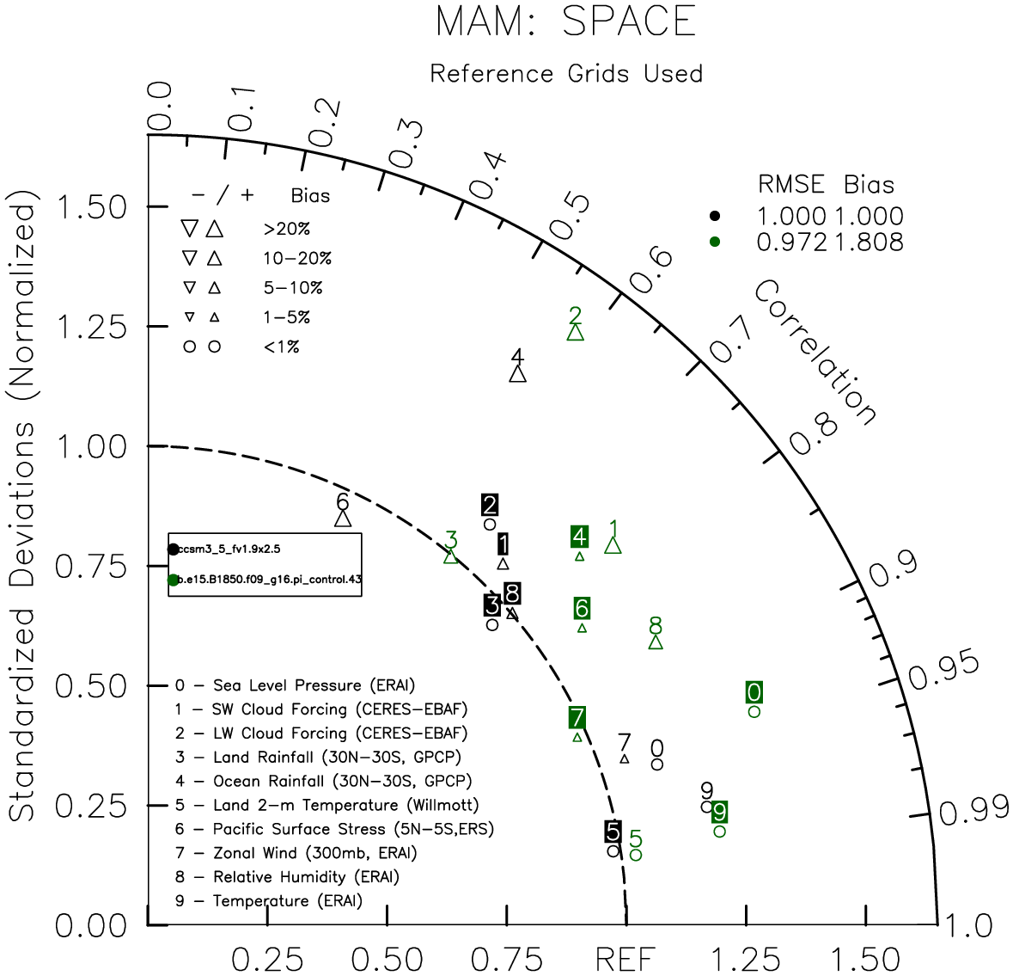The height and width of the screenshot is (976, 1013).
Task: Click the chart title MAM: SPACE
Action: tap(565, 21)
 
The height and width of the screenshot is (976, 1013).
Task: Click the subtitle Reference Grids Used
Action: tap(565, 74)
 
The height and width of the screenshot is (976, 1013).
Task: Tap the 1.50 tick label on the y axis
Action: tap(90, 207)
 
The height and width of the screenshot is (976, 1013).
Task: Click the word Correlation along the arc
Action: tap(815, 353)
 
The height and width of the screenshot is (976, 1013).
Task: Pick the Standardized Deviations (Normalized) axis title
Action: tap(23, 511)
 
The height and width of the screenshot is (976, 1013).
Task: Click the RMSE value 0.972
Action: tap(791, 242)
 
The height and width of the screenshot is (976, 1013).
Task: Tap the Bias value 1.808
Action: tap(867, 242)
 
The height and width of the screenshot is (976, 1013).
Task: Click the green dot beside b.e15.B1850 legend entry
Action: tap(174, 580)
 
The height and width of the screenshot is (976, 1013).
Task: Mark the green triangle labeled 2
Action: tap(576, 332)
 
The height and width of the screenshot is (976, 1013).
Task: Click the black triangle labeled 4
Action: tap(517, 374)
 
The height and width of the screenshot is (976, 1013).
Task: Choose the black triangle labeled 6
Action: tap(343, 519)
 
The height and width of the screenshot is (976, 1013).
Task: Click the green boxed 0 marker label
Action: tap(754, 692)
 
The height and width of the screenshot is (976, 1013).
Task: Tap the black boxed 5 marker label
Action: tap(612, 832)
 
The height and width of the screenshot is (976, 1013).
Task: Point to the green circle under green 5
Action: tap(636, 855)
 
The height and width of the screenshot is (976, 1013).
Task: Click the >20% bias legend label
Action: tap(287, 229)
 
